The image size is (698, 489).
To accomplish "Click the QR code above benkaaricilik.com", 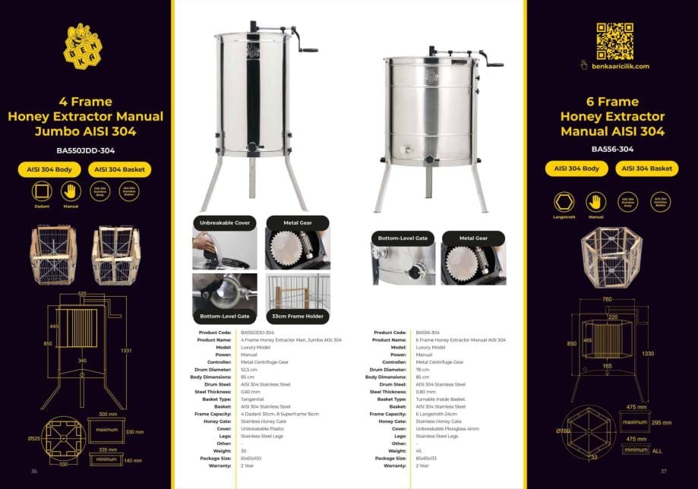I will pyautogui.click(x=614, y=41).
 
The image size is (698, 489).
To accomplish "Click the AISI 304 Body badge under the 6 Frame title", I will pyautogui.click(x=577, y=169).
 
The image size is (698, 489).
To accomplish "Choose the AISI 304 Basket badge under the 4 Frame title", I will pyautogui.click(x=120, y=169).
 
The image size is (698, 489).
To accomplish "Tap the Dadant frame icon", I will pyautogui.click(x=42, y=192).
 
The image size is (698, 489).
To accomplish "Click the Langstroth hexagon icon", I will pyautogui.click(x=563, y=202).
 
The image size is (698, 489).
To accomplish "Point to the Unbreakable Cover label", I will pyautogui.click(x=225, y=223).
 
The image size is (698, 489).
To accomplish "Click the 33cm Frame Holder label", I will pyautogui.click(x=298, y=315).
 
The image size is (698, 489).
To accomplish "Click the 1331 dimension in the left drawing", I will pyautogui.click(x=126, y=351).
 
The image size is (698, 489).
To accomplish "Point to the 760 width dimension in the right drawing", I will pyautogui.click(x=607, y=299).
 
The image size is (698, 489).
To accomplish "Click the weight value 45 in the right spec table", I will pyautogui.click(x=419, y=450).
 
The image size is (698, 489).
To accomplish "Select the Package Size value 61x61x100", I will pyautogui.click(x=252, y=458).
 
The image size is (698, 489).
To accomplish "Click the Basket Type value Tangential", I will pyautogui.click(x=252, y=399).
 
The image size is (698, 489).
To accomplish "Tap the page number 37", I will pyautogui.click(x=663, y=471).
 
